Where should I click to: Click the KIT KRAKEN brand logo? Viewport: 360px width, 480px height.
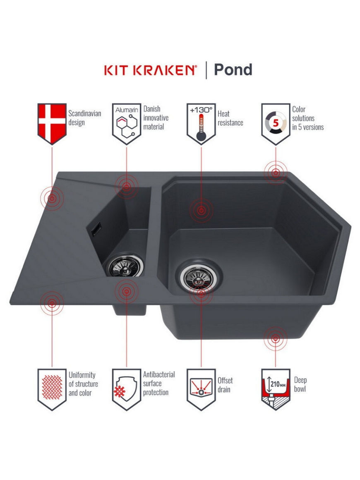[x=150, y=70]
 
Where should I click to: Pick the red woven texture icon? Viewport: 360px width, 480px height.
[x=52, y=389]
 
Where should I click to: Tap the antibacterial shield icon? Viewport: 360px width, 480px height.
[x=127, y=389]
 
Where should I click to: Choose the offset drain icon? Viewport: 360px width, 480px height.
[x=201, y=389]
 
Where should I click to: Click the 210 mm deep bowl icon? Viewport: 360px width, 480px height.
[x=276, y=389]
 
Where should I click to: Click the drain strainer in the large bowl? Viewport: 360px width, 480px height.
[x=199, y=276]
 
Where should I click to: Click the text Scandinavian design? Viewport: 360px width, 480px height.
[x=84, y=118]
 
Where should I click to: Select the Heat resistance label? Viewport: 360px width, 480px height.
[x=230, y=118]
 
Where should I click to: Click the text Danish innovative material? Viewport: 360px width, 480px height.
[x=156, y=118]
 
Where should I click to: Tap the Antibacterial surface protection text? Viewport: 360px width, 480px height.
[x=159, y=383]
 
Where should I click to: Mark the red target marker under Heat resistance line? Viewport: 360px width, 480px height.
[x=201, y=210]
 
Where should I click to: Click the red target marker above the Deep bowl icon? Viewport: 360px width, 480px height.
[x=276, y=338]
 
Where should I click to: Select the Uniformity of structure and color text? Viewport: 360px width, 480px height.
[x=83, y=384]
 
